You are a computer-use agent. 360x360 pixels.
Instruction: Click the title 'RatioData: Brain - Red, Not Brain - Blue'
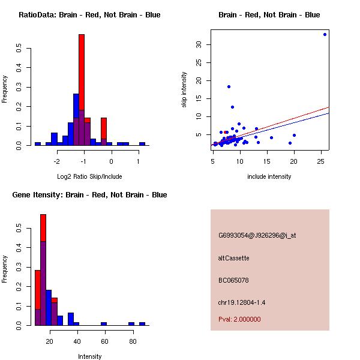click(x=89, y=15)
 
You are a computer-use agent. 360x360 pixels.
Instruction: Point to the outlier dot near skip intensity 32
click(x=325, y=34)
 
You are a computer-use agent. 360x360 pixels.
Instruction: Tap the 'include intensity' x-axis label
click(x=269, y=176)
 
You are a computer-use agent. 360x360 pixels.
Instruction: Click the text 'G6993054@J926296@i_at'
click(x=257, y=235)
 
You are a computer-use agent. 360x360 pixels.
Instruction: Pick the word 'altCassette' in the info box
click(x=234, y=258)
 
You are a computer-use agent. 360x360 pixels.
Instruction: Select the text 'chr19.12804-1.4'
click(x=242, y=302)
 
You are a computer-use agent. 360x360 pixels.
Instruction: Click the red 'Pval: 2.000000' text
click(x=239, y=319)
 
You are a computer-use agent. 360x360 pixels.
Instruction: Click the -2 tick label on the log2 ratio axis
click(x=56, y=161)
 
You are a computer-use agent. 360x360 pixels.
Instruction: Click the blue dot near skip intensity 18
click(x=229, y=86)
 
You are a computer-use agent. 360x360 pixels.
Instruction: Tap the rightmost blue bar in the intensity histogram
click(x=142, y=323)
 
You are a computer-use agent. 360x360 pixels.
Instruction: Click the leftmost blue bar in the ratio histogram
click(x=37, y=144)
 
